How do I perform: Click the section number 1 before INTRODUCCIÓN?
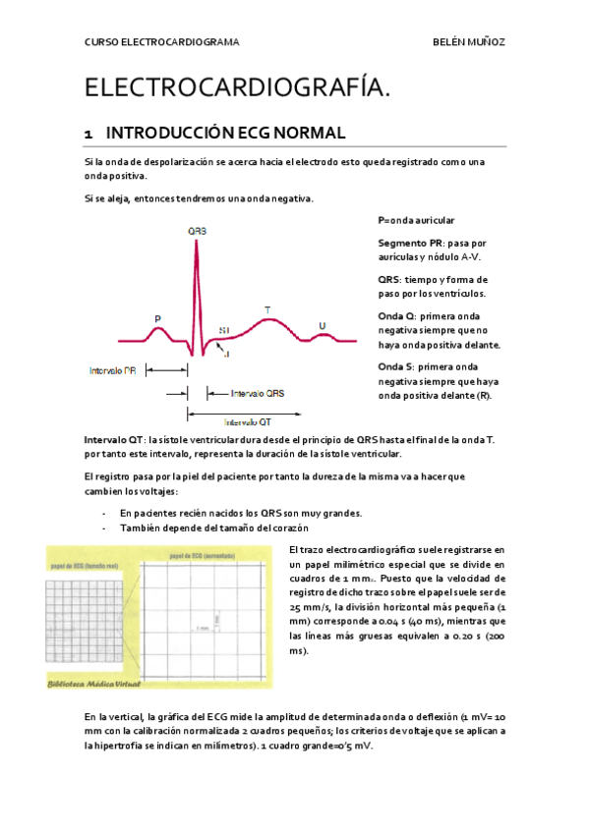(88, 132)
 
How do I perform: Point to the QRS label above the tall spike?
(197, 232)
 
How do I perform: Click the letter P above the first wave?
(157, 317)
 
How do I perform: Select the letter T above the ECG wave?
(267, 310)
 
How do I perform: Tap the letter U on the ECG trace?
(322, 324)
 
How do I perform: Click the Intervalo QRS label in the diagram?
(258, 394)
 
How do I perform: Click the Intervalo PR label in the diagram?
(112, 371)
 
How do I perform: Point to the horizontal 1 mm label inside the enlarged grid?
(203, 627)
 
